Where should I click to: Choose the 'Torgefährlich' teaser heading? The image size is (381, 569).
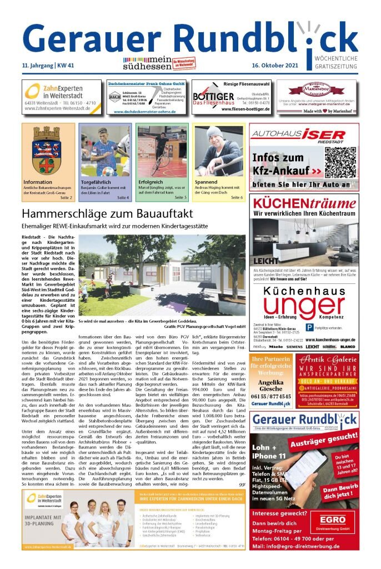pos(96,182)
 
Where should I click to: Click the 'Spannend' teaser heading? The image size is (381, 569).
pos(206,182)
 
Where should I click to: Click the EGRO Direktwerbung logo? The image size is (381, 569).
pos(332,522)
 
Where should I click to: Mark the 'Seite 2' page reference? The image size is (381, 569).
pos(66,197)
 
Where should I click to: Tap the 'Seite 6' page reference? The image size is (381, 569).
pos(237,197)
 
